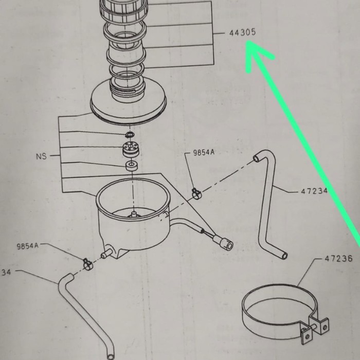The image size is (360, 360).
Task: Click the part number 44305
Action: pos(242,32)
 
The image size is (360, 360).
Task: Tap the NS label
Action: pos(41,156)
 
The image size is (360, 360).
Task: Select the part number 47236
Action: pos(339,259)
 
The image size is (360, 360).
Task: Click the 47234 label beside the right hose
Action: pos(314,191)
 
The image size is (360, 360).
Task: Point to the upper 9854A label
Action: pos(204,153)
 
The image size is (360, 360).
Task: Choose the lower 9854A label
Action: pos(28,246)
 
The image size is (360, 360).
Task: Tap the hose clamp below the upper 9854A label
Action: pos(195,192)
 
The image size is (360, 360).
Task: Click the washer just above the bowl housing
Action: pos(132,167)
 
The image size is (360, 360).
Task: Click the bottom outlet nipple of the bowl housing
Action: pos(106,253)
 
